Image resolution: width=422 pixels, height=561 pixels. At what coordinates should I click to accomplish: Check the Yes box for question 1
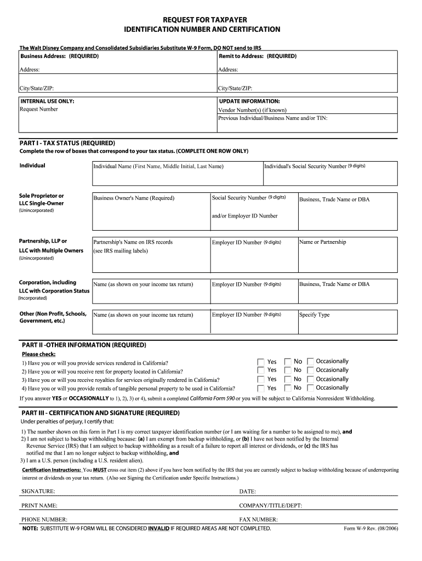(x=260, y=362)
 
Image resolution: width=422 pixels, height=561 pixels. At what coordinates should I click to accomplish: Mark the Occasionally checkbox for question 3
(x=311, y=379)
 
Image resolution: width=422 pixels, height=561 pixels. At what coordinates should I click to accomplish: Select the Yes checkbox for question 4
(x=260, y=388)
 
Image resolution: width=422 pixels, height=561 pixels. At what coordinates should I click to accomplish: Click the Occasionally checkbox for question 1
(x=311, y=362)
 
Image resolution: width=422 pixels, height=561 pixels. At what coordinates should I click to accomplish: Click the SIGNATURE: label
(x=38, y=491)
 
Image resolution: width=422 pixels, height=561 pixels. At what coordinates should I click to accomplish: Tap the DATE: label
(x=248, y=491)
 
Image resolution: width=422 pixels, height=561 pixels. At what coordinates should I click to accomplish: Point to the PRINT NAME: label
(x=39, y=506)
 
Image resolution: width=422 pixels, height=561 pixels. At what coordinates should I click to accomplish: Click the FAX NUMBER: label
(x=258, y=519)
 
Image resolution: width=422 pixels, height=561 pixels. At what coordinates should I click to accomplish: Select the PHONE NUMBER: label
(x=44, y=519)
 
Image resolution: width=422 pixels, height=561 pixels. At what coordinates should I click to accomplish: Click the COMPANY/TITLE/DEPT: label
(x=271, y=506)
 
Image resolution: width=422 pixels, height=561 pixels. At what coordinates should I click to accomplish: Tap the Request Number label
(x=38, y=109)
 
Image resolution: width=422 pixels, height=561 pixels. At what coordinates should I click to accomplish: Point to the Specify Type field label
(x=315, y=315)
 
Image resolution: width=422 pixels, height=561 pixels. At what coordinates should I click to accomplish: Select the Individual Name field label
(x=158, y=166)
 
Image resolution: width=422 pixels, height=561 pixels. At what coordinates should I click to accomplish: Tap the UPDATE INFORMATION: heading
(x=249, y=101)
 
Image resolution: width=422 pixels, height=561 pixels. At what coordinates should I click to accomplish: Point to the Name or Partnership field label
(x=323, y=242)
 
